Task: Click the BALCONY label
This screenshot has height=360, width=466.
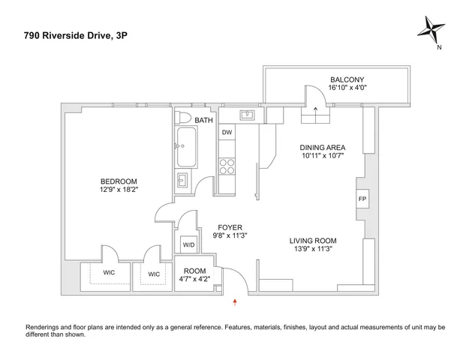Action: point(347,79)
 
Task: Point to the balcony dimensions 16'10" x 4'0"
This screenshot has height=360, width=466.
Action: point(347,88)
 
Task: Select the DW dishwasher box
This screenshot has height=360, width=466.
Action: point(226,132)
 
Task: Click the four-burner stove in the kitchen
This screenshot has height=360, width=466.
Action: point(226,166)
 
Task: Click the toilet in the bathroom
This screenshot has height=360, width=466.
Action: point(184,118)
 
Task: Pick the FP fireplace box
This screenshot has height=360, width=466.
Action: point(362,199)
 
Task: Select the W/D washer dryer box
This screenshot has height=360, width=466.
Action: point(186,244)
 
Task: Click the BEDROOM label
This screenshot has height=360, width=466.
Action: point(119,181)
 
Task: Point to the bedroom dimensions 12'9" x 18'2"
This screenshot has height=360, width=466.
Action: point(119,190)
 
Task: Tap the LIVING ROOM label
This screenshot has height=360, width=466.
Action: point(313,241)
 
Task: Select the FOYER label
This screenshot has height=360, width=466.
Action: point(229,226)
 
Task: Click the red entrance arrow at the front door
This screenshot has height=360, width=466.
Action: point(237,301)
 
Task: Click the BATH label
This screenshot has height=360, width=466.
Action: point(203,120)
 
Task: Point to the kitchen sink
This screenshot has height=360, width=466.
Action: point(248,115)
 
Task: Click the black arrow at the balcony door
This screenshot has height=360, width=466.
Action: point(315,109)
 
